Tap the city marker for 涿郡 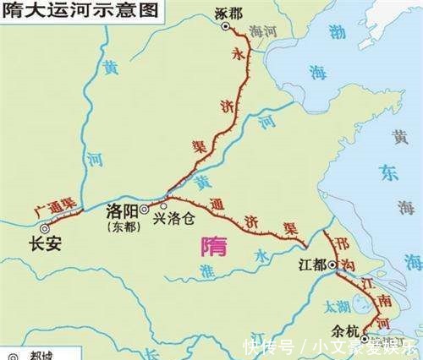click(x=225, y=26)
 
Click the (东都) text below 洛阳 click(x=124, y=226)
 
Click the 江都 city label click(x=313, y=265)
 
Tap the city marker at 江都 click(x=333, y=265)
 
